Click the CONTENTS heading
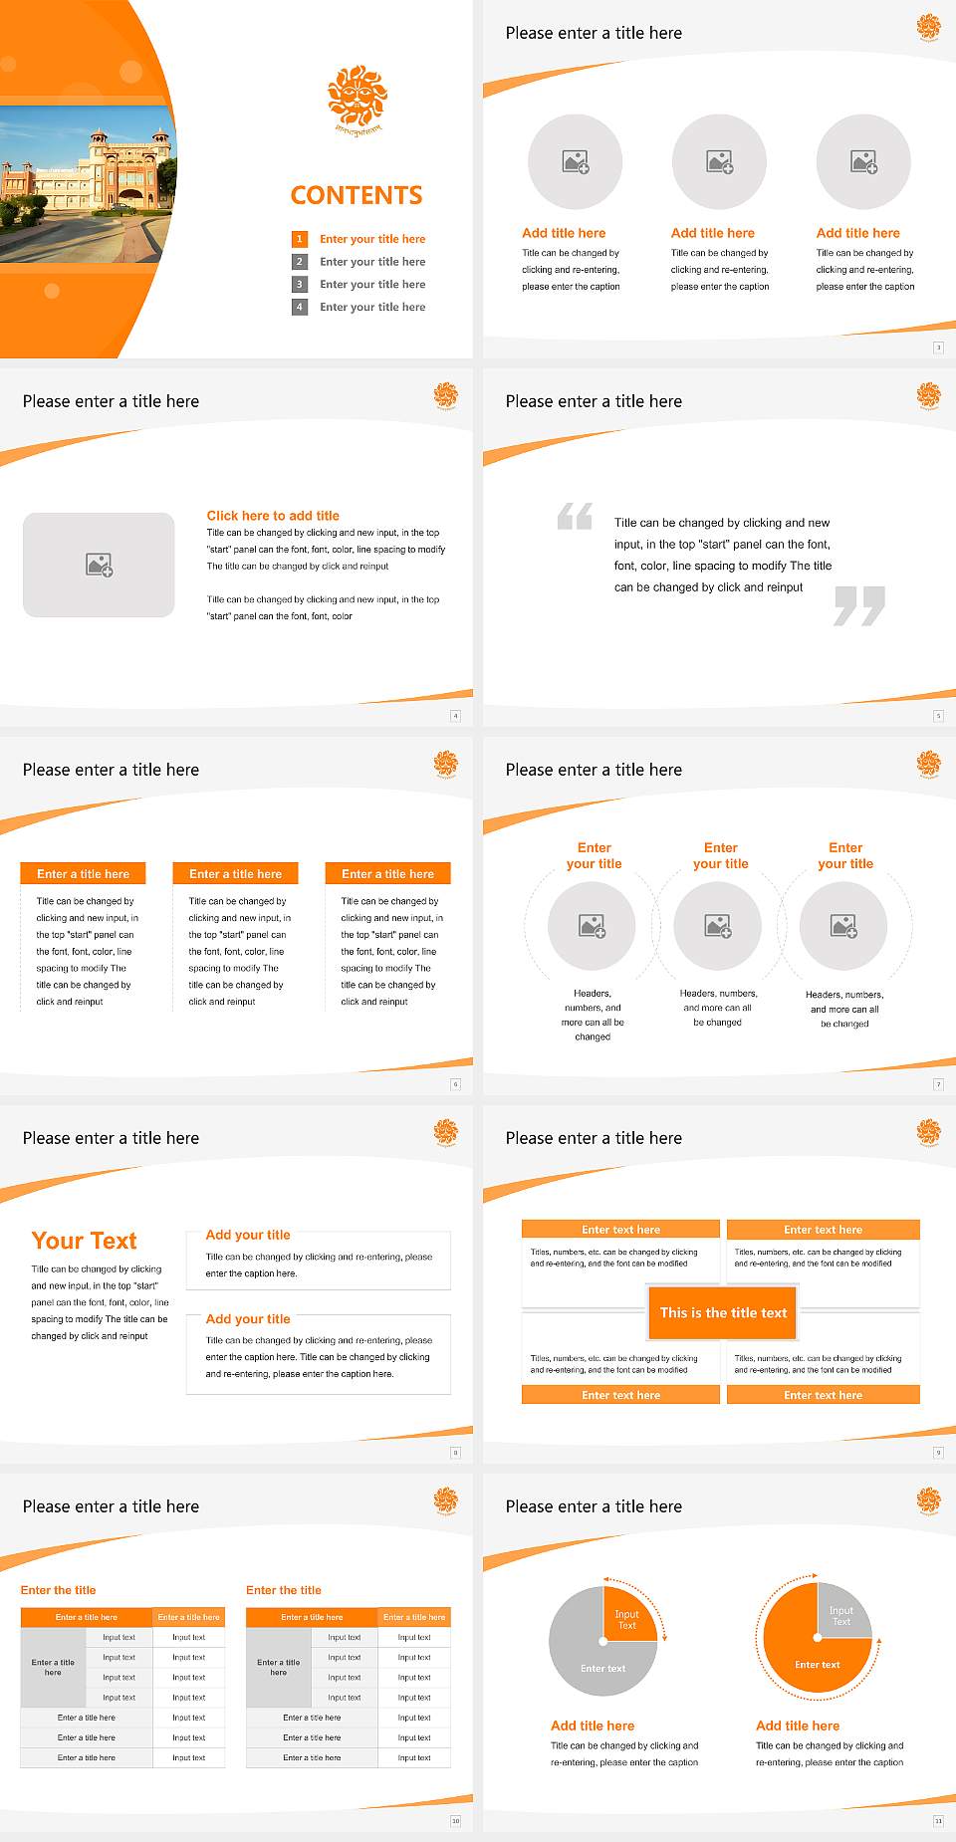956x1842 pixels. [357, 195]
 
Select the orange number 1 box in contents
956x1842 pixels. [299, 239]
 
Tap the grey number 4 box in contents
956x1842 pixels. [299, 307]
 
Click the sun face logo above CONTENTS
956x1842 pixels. [358, 97]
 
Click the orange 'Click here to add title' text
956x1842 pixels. [273, 516]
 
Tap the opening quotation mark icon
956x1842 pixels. [575, 516]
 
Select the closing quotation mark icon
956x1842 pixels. [859, 605]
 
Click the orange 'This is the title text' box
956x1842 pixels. [723, 1313]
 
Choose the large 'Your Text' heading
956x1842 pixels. [85, 1241]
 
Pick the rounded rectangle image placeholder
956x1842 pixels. [99, 565]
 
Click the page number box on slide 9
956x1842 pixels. [938, 1453]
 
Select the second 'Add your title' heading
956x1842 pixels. [248, 1318]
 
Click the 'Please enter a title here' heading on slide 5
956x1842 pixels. [594, 401]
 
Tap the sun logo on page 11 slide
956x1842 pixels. [929, 1499]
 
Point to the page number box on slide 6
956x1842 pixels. [456, 1084]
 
